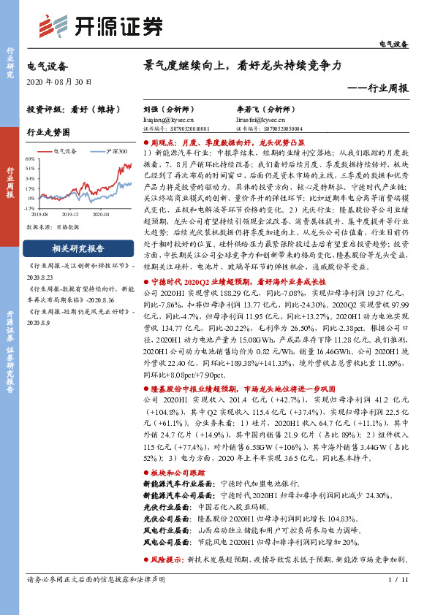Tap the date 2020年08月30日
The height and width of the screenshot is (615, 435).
click(55, 83)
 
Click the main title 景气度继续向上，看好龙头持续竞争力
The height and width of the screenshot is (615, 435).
click(243, 66)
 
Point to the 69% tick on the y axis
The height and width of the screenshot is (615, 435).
click(30, 158)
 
